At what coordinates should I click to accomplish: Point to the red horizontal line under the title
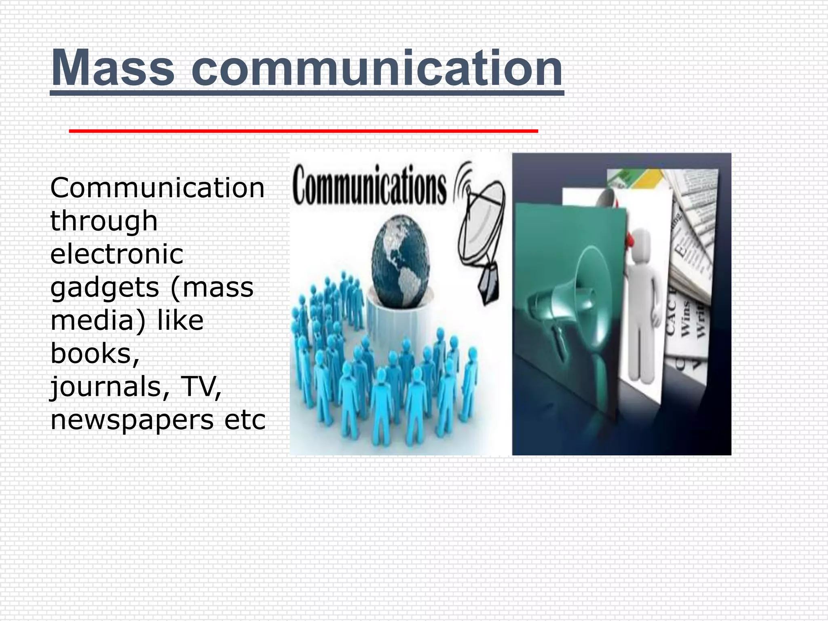tap(303, 131)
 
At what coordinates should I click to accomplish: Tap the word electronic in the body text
tap(117, 254)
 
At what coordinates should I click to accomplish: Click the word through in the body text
tap(104, 222)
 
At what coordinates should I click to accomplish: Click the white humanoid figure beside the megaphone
tap(643, 303)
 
